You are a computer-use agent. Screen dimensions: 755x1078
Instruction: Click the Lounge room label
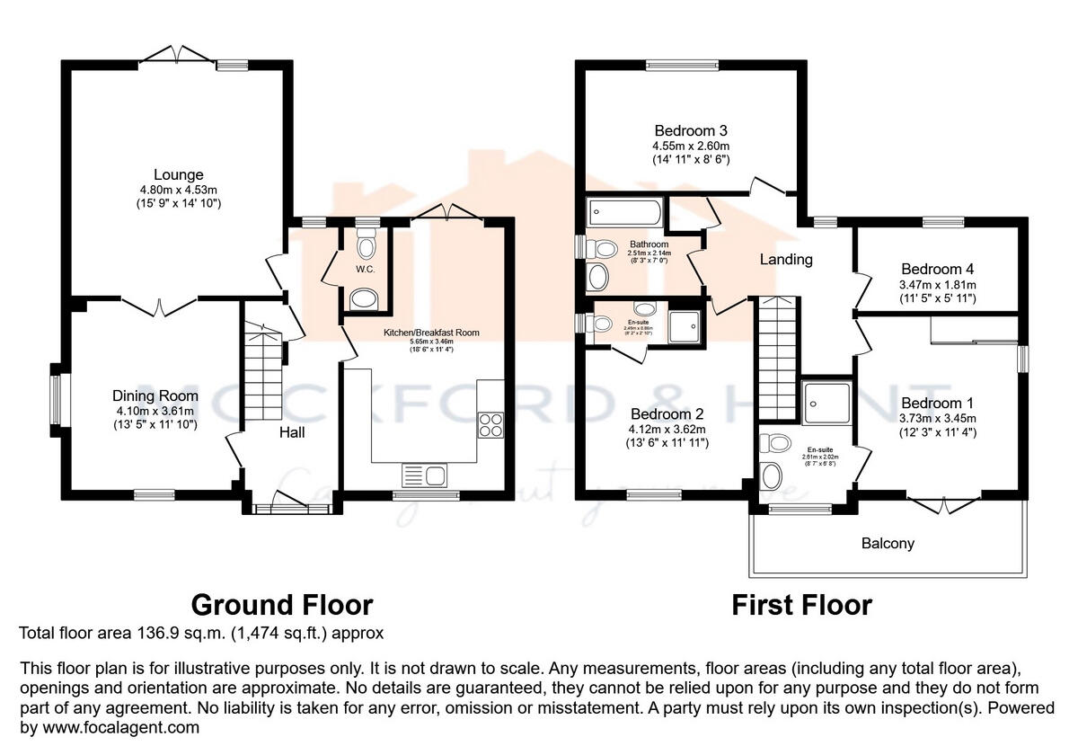pos(178,174)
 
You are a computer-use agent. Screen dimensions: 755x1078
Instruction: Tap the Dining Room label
pos(155,395)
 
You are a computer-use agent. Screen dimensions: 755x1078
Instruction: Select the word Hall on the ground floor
pos(291,432)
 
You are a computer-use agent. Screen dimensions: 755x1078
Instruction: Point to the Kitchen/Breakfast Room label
pos(431,333)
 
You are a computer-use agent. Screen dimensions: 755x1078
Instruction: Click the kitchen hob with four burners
pos(491,423)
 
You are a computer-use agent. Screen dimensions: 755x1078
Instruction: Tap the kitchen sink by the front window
pos(425,474)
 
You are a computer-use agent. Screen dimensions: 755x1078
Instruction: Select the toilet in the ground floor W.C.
pos(366,244)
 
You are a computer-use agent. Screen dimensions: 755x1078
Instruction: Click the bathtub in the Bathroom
pos(624,215)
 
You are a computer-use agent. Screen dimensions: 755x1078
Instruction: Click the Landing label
pos(786,260)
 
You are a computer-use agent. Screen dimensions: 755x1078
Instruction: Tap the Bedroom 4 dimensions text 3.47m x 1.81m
pos(937,284)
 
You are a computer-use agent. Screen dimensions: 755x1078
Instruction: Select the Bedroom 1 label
pos(937,403)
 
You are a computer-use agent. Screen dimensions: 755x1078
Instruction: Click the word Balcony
pos(888,543)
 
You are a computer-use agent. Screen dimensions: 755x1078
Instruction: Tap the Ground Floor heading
pos(281,604)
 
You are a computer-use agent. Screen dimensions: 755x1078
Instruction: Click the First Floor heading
pos(801,604)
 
